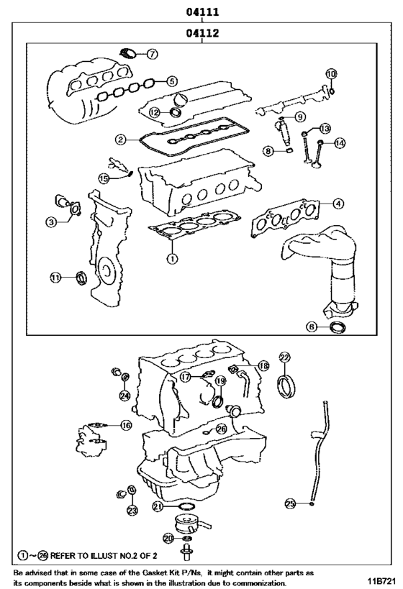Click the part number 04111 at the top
(x=202, y=12)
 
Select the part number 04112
(x=202, y=33)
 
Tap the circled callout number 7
(x=153, y=54)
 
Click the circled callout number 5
(x=171, y=81)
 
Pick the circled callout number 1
(x=172, y=256)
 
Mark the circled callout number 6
(x=312, y=327)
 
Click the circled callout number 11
(x=55, y=278)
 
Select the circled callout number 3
(x=51, y=223)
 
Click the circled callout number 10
(x=330, y=74)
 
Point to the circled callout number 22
(x=284, y=357)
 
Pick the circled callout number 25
(x=290, y=503)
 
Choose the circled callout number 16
(x=126, y=425)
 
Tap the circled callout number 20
(x=168, y=537)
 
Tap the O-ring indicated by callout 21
(x=185, y=510)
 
